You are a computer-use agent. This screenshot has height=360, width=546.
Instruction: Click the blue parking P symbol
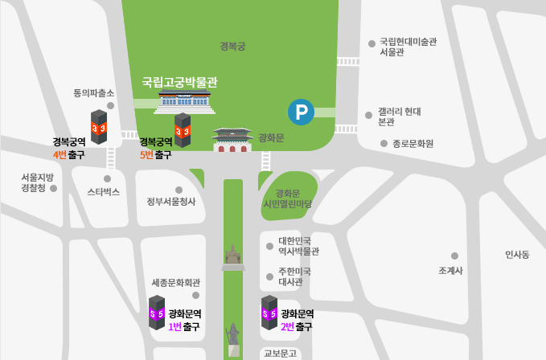pos(301,112)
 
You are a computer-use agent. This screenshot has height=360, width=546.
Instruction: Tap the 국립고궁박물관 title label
pos(179,82)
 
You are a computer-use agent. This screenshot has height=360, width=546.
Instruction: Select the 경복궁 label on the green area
pos(232,47)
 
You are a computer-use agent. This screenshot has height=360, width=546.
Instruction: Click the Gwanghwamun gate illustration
pos(232,140)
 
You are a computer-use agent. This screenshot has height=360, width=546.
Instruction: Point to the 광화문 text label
pos(271,137)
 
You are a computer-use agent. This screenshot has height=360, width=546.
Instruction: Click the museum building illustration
pos(186,100)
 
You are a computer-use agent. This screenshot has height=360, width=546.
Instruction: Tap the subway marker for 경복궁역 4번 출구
pos(99,127)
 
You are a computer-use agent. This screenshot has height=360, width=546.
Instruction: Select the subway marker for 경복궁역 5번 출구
pos(183,130)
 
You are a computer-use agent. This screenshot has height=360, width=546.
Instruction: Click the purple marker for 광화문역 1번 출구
pos(157,313)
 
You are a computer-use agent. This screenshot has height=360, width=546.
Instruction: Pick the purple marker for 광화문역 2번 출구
pos(269,313)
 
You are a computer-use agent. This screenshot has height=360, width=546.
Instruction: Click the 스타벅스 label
pos(103,192)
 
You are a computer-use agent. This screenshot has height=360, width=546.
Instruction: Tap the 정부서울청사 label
pos(170,202)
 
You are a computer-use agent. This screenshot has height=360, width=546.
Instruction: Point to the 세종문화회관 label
pos(175,283)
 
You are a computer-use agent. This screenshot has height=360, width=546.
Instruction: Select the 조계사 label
pos(450,271)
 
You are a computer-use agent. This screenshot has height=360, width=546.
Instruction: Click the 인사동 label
pos(517,255)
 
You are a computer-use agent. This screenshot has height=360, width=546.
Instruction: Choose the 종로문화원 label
pos(413,144)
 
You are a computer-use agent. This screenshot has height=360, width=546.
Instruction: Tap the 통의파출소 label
pos(93,93)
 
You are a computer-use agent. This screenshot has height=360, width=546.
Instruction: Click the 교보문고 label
pos(280,353)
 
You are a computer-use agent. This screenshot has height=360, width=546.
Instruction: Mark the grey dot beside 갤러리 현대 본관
pos(368,116)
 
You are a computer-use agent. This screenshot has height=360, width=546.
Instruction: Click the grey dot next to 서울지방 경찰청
pos(54,188)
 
